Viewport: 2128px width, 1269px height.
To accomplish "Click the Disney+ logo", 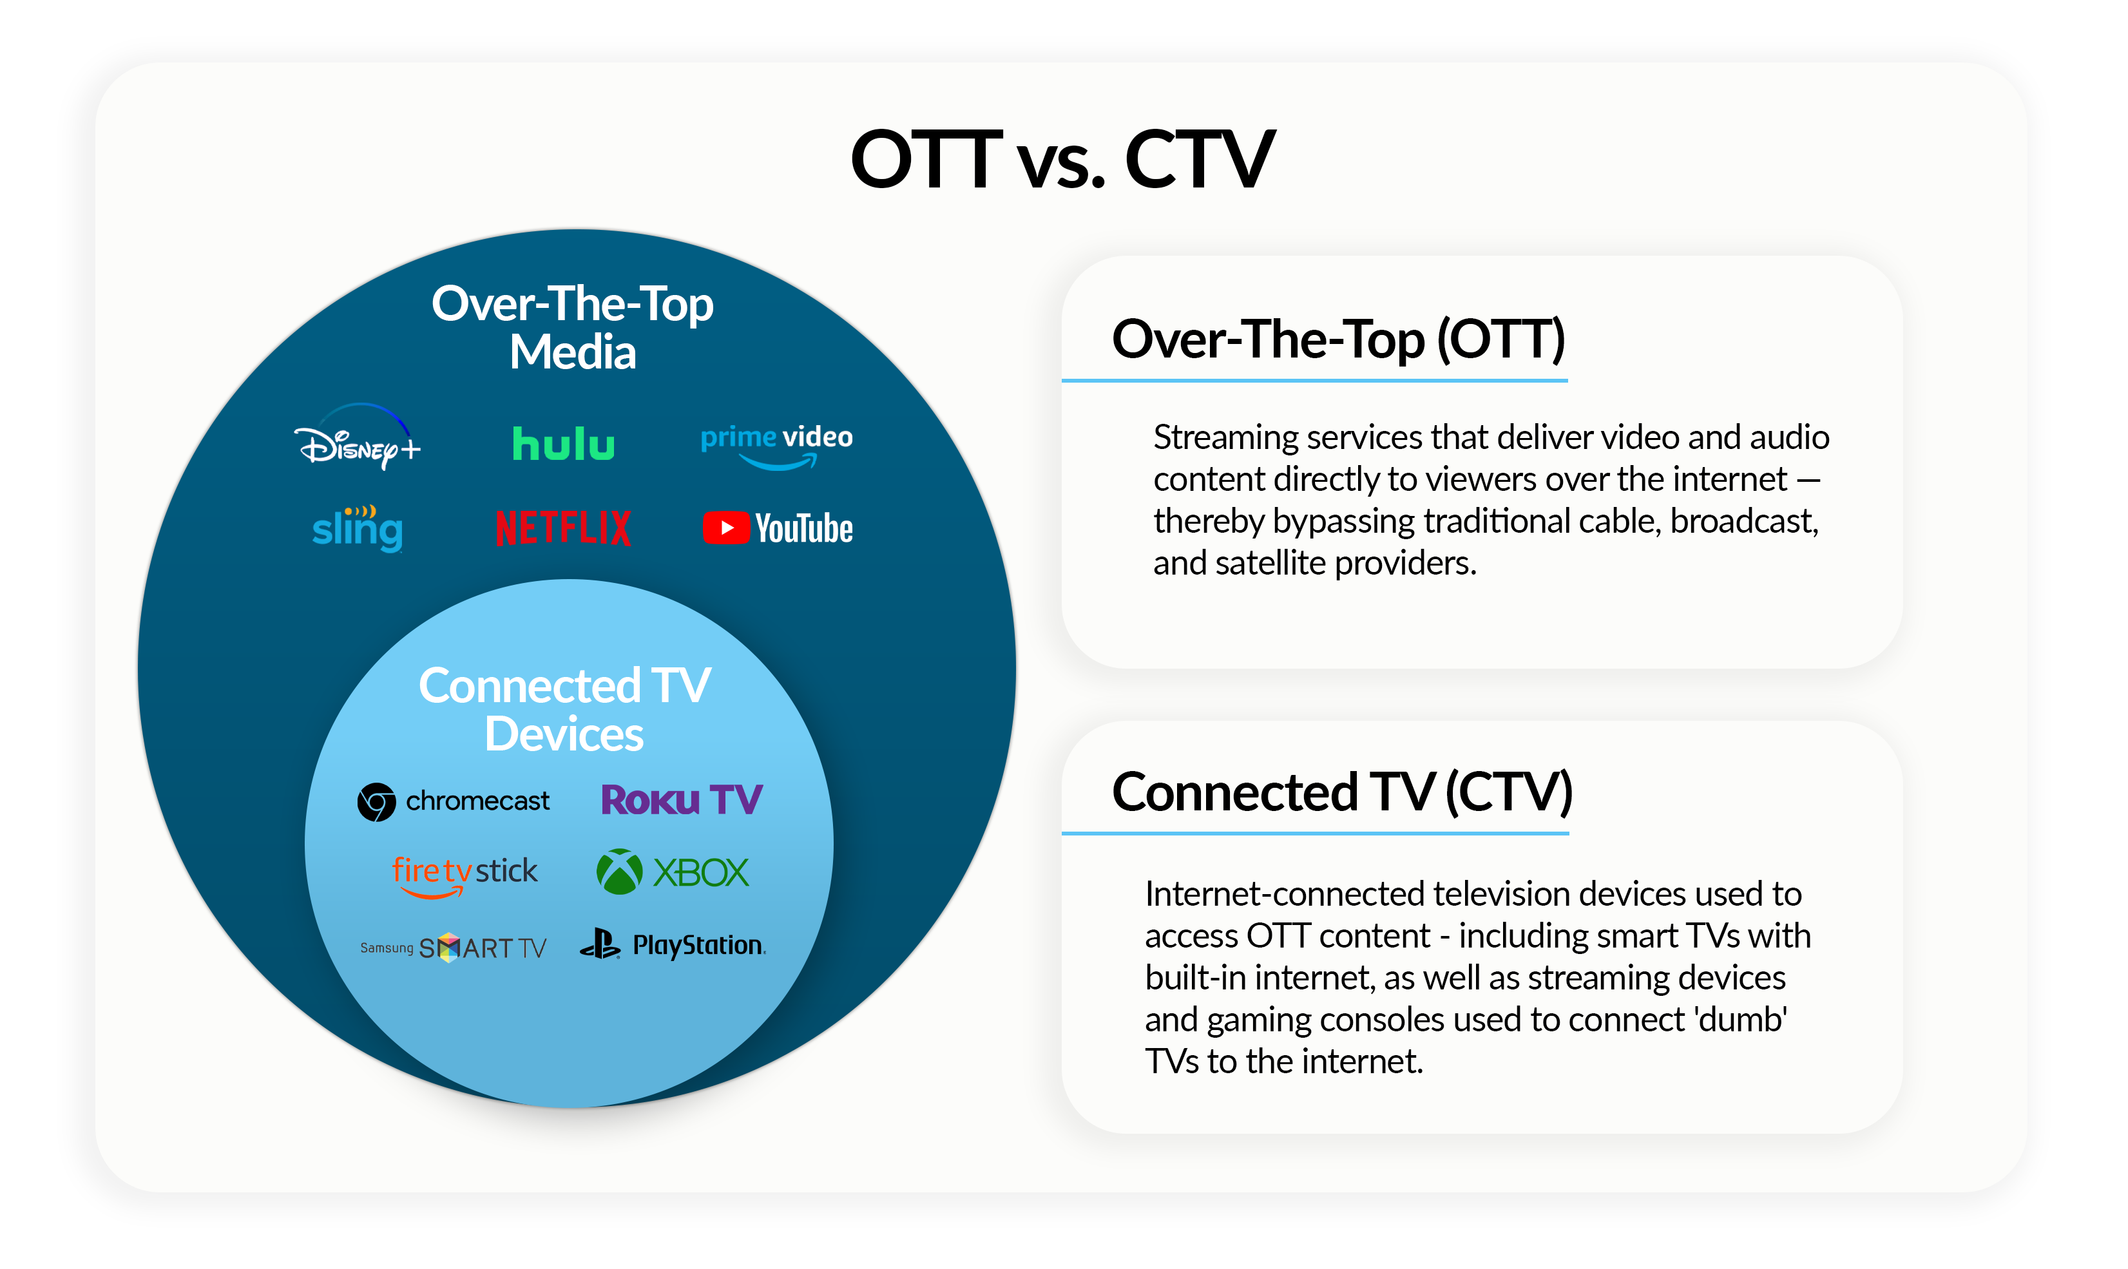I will click(358, 441).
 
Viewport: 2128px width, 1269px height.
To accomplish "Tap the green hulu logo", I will click(563, 444).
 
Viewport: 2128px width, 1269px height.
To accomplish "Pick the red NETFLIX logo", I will click(564, 528).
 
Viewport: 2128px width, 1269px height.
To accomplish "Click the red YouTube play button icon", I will click(725, 528).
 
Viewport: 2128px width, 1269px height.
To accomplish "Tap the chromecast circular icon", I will click(376, 802).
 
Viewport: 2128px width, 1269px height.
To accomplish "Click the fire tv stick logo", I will click(465, 874).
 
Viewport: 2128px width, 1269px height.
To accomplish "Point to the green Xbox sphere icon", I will click(619, 872).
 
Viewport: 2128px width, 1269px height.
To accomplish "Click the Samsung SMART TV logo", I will click(454, 948).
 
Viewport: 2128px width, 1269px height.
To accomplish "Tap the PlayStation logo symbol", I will click(600, 944).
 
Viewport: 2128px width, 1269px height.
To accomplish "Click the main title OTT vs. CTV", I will click(1062, 159).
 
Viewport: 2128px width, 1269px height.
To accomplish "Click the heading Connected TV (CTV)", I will click(1341, 792).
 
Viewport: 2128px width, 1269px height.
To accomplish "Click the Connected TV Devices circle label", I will click(564, 710).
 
